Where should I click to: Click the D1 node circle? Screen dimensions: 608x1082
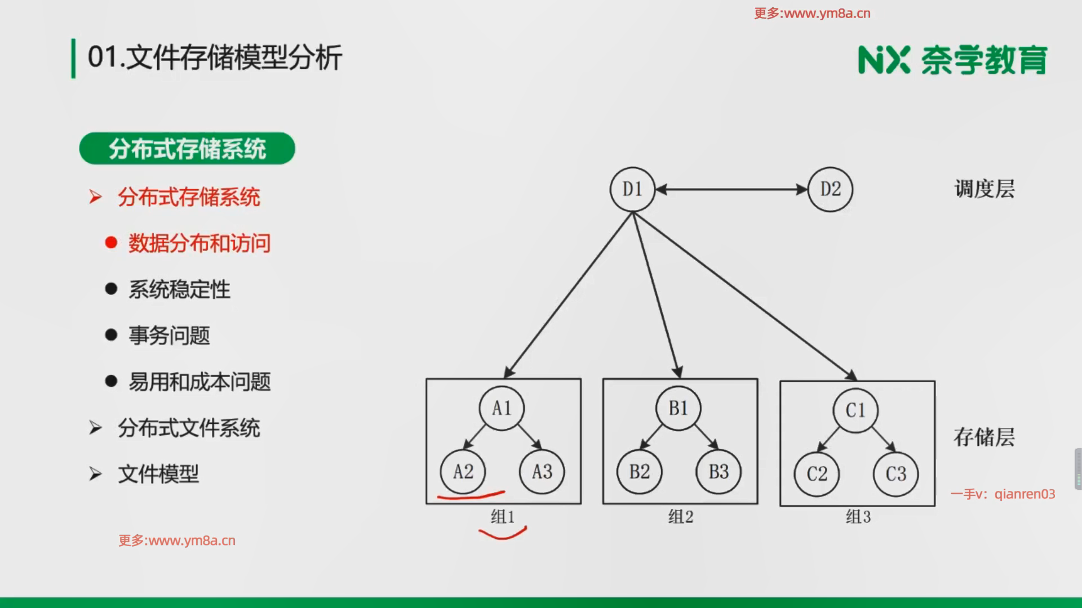(632, 189)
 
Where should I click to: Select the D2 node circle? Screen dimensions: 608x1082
(830, 189)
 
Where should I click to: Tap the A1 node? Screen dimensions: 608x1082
(502, 408)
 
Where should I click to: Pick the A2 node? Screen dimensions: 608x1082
(463, 472)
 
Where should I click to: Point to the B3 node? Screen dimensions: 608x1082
(719, 472)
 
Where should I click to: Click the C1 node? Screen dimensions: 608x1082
(855, 410)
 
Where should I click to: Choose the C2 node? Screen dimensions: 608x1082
(817, 474)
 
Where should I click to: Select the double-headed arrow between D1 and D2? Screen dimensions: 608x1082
(731, 190)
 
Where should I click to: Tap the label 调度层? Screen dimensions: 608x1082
(985, 190)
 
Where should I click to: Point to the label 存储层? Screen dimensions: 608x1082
(984, 437)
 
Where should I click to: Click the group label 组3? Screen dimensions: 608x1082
(858, 517)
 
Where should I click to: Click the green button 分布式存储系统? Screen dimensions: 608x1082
(187, 149)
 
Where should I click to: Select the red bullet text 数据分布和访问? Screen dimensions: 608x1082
(199, 243)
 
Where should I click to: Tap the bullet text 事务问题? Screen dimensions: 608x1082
(169, 336)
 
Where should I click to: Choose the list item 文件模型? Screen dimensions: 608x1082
(158, 474)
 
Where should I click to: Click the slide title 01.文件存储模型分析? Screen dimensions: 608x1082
(215, 58)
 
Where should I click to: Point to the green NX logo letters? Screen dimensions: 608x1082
(884, 60)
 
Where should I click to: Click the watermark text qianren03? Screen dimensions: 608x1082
(1025, 494)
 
